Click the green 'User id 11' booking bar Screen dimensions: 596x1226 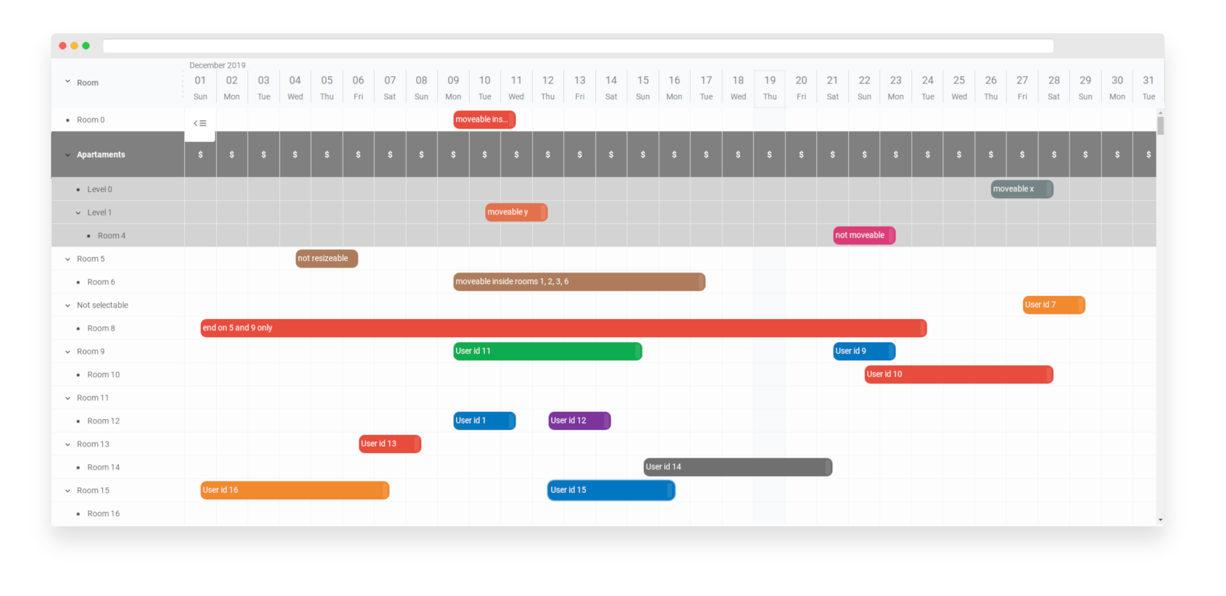(x=547, y=352)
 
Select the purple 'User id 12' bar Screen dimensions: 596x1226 (x=579, y=421)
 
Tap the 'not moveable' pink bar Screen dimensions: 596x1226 (x=863, y=236)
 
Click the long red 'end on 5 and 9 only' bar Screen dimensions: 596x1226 (x=563, y=328)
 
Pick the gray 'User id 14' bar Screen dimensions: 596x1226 (x=737, y=467)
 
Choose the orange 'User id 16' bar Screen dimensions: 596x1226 (x=294, y=491)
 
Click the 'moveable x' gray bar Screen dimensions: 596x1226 (x=1021, y=189)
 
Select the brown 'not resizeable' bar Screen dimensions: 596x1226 (x=326, y=259)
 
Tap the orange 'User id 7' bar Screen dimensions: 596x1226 (x=1053, y=305)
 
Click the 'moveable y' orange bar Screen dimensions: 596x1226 (x=515, y=212)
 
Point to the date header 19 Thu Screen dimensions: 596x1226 (x=769, y=88)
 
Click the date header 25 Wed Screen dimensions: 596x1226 (x=958, y=88)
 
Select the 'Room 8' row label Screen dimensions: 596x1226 (x=101, y=328)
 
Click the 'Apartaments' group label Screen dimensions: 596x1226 (x=101, y=154)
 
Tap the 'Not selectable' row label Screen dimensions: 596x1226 (x=102, y=305)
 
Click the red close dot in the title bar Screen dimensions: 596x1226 (x=63, y=46)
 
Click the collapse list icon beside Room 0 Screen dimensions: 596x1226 (x=200, y=123)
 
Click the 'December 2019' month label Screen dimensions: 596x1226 (x=218, y=65)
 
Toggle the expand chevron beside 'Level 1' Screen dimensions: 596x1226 (x=78, y=212)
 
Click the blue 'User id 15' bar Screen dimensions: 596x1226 (x=610, y=491)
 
